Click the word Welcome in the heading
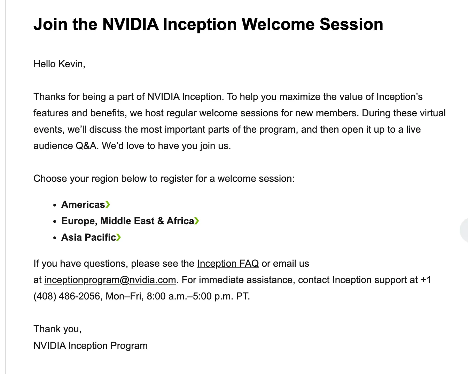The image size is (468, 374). pos(278,24)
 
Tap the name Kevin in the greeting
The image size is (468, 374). pos(72,64)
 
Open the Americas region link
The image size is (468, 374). pos(83,204)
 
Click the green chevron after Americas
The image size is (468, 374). pos(108,204)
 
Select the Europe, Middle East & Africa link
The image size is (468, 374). pos(128,221)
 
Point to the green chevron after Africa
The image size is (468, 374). pos(197,221)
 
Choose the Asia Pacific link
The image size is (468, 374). pos(88,237)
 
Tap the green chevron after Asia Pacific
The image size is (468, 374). pos(118,237)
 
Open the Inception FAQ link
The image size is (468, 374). pos(228,264)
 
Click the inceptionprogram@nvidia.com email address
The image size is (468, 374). pos(110,280)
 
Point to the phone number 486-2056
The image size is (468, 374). pos(79,296)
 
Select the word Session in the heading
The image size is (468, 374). pos(351,24)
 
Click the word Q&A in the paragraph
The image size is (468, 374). pos(86,146)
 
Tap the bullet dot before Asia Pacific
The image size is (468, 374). pos(55,238)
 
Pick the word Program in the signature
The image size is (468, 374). pos(129,346)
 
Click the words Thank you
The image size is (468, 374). pos(57,329)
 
